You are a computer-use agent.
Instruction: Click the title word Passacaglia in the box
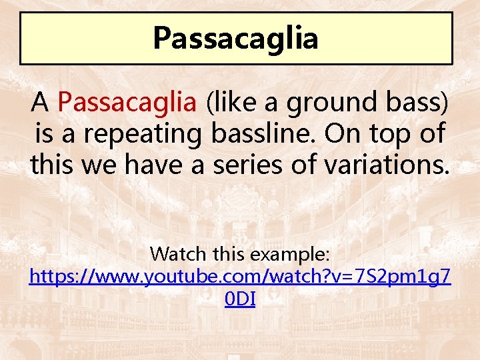coord(235,38)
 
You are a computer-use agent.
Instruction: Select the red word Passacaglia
coord(127,103)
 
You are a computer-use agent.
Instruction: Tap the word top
coord(387,134)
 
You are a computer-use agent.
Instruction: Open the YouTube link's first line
coord(240,277)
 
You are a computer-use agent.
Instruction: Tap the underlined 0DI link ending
coord(240,299)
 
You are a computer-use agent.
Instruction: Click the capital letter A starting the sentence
coord(41,103)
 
